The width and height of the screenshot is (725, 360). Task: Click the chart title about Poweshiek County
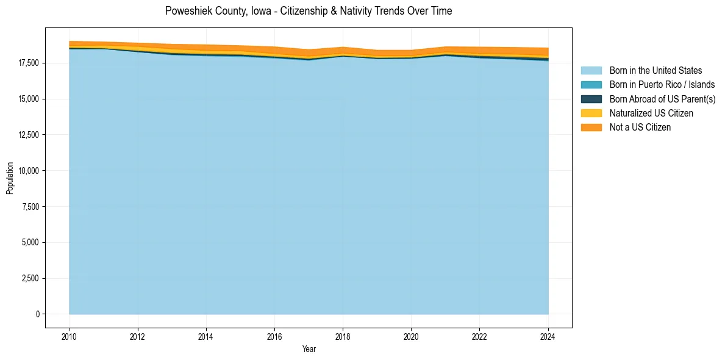click(x=309, y=11)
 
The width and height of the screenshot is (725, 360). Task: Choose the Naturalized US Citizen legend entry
click(x=651, y=113)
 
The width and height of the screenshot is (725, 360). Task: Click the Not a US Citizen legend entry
click(x=640, y=127)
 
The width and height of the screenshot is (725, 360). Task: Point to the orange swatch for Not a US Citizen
click(x=591, y=127)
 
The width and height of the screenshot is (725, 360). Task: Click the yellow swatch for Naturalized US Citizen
click(x=591, y=113)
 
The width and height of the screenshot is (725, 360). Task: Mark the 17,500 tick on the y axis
click(x=28, y=63)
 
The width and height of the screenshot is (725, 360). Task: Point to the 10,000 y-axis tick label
click(x=28, y=171)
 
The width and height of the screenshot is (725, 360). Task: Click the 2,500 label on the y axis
click(x=30, y=278)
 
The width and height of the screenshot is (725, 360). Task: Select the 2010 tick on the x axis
click(x=70, y=336)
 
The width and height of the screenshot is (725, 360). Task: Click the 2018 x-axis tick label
click(x=343, y=336)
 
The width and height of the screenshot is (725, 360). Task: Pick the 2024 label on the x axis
click(x=548, y=336)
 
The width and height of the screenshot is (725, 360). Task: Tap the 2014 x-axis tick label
click(x=206, y=336)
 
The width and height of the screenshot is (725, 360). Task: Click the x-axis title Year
click(x=309, y=349)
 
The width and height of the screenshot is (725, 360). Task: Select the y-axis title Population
click(x=10, y=178)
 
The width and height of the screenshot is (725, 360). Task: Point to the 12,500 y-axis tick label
click(x=28, y=135)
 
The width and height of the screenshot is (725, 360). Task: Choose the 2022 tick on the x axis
click(x=480, y=336)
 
